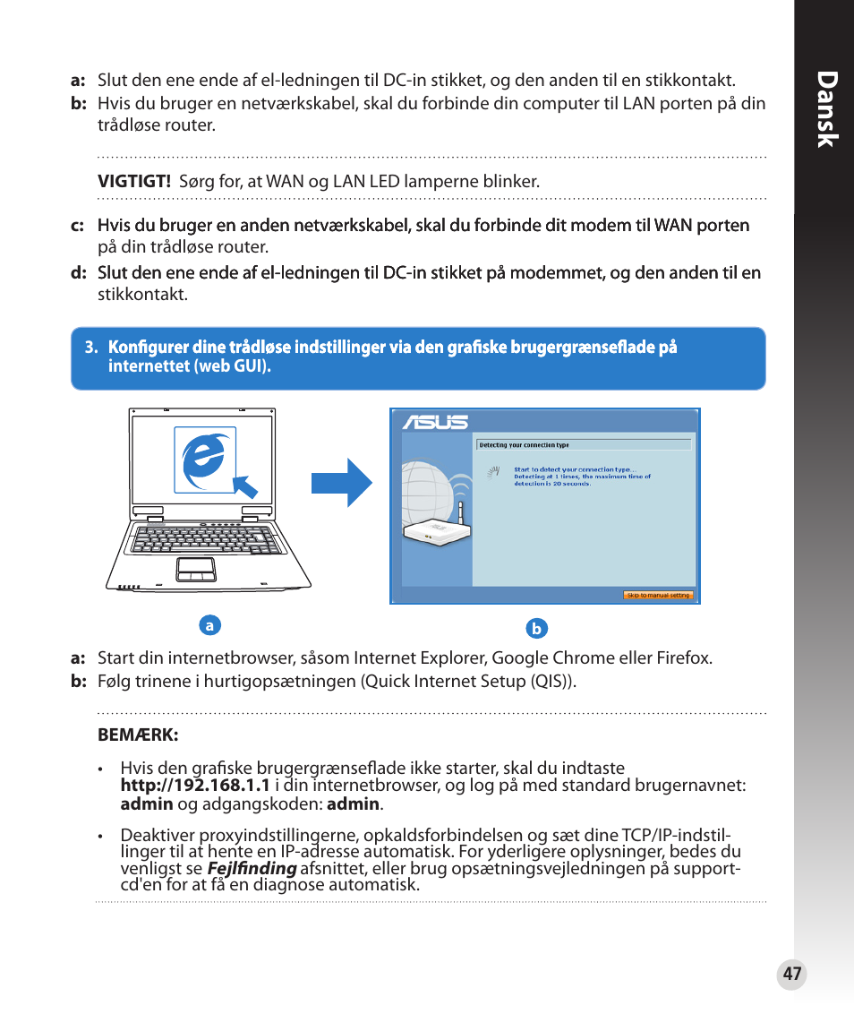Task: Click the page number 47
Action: pos(791,975)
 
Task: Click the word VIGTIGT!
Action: pos(134,181)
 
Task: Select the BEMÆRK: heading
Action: pos(138,735)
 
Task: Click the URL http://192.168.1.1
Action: pos(195,786)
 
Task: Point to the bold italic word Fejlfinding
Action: pos(252,868)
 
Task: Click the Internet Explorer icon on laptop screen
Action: pos(204,460)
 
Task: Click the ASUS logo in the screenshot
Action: pos(435,422)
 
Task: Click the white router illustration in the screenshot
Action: pos(437,530)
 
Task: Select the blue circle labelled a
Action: pos(209,625)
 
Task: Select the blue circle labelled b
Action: pos(536,629)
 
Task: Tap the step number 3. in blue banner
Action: pos(90,348)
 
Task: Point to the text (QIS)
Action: pos(554,682)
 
